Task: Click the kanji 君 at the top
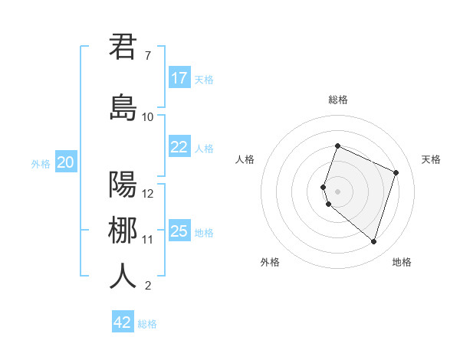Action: (123, 47)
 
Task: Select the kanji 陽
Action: (123, 185)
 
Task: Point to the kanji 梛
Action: (123, 231)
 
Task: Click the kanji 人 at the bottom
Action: (123, 277)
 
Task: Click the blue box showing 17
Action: (179, 78)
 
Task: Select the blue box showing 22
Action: (179, 147)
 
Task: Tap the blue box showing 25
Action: (179, 231)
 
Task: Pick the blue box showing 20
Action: (66, 162)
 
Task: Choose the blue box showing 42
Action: (123, 322)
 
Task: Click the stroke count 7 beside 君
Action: (147, 56)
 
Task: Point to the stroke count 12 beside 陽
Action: (148, 194)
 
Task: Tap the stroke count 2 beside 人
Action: (147, 286)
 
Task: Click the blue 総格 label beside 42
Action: (148, 324)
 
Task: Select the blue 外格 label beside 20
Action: (41, 163)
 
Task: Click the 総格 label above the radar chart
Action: (338, 100)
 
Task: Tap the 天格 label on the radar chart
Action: (431, 159)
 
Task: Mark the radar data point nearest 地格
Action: (373, 241)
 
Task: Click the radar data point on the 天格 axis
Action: (396, 172)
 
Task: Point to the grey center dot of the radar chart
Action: (338, 191)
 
